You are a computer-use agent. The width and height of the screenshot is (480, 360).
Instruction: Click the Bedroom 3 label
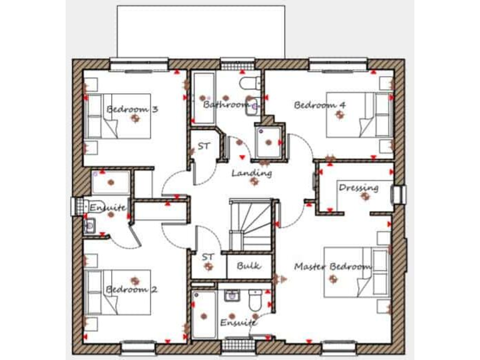[x=132, y=109]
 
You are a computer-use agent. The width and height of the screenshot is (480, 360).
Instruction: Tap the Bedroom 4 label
[x=320, y=105]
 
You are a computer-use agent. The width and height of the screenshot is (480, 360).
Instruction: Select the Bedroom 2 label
[x=131, y=289]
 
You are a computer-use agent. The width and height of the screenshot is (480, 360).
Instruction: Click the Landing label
[x=252, y=172]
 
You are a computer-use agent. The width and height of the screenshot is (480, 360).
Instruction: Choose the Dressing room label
[x=358, y=187]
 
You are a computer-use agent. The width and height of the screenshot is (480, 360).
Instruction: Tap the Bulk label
[x=248, y=266]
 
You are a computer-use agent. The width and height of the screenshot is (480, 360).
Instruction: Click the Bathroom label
[x=226, y=104]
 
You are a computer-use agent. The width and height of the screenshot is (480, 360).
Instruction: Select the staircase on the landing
[x=251, y=222]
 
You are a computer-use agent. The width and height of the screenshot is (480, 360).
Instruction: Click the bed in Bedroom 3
[x=119, y=116]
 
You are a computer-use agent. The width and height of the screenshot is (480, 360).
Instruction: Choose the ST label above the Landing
[x=204, y=146]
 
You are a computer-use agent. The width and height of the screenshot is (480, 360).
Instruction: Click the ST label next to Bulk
[x=208, y=256]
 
